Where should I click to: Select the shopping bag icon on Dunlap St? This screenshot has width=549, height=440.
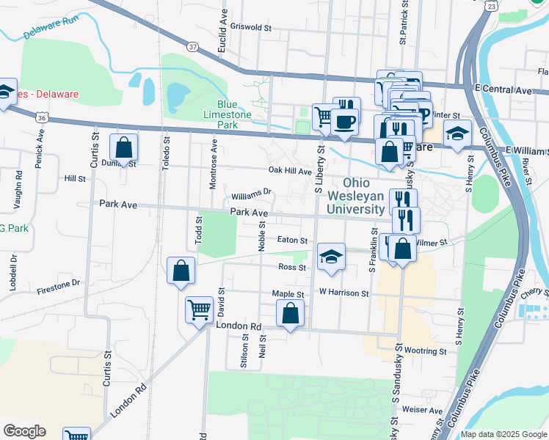pyautogui.click(x=124, y=147)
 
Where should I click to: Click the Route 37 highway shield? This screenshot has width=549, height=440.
pyautogui.click(x=193, y=46)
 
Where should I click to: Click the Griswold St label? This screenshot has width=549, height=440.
pyautogui.click(x=251, y=28)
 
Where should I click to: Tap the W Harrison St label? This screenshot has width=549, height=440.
pyautogui.click(x=343, y=293)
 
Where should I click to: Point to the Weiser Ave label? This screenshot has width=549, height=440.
pyautogui.click(x=422, y=411)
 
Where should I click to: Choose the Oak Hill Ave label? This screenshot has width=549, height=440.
pyautogui.click(x=291, y=170)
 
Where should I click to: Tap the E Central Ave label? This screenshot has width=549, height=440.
pyautogui.click(x=503, y=89)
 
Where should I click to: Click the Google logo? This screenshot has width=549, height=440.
pyautogui.click(x=24, y=431)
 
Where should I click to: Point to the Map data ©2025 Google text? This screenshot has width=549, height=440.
pyautogui.click(x=503, y=434)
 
